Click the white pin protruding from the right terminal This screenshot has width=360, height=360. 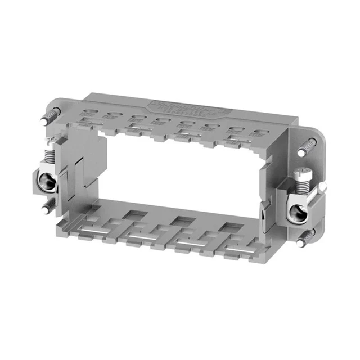click(x=322, y=186)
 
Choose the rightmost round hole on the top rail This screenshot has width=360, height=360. click(x=259, y=133)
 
